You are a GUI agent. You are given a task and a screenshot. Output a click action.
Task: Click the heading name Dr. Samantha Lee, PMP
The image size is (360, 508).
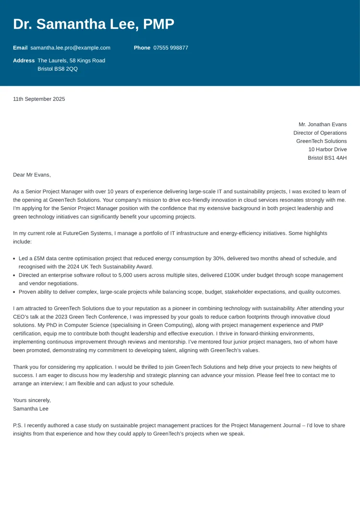(x=94, y=24)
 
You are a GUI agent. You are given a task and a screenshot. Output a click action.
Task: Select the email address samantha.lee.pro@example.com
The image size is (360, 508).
(x=70, y=48)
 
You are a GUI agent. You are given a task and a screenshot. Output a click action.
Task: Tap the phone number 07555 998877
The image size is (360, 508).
(x=171, y=48)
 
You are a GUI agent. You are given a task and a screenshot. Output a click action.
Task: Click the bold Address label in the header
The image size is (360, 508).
(x=24, y=60)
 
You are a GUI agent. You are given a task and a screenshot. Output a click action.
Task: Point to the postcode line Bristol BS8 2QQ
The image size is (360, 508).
(x=58, y=69)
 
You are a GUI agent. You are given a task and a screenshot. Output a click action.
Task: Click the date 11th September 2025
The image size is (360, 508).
(x=39, y=99)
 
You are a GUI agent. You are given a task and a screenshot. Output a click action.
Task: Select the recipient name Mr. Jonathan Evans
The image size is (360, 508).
(x=322, y=125)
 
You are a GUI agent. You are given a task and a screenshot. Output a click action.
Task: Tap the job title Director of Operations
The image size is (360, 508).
(x=320, y=133)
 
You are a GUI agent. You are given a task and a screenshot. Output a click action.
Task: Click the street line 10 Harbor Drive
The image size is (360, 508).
(x=327, y=149)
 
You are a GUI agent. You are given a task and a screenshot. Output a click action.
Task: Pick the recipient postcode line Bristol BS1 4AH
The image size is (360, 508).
(x=327, y=158)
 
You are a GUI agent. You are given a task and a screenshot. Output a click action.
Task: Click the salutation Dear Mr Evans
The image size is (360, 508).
(x=32, y=175)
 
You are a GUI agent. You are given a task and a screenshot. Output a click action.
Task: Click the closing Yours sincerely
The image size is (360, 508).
(x=32, y=401)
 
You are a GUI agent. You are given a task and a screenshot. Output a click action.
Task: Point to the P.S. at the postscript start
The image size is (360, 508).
(x=18, y=425)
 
